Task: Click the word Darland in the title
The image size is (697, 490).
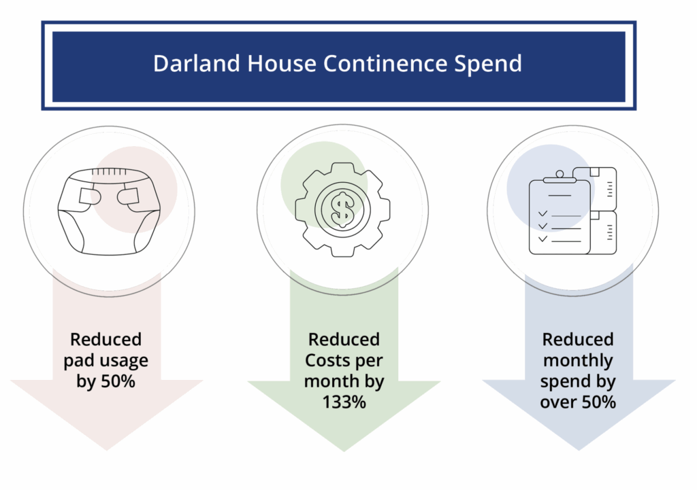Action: tap(197, 63)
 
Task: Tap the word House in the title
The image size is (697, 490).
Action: tap(281, 63)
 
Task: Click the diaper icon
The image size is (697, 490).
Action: tap(109, 211)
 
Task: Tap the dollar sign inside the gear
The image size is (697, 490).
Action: tap(342, 209)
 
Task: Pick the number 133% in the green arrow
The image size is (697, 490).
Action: tap(344, 402)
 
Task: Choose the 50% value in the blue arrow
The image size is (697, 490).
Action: tap(599, 402)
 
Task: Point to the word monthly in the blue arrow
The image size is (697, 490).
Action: tap(578, 361)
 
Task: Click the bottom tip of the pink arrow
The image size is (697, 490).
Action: tap(107, 451)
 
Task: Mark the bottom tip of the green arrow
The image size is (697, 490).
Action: tap(344, 451)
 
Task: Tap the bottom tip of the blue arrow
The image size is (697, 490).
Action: tap(579, 451)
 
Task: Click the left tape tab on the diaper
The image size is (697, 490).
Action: tap(89, 196)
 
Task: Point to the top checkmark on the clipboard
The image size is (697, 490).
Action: tap(542, 213)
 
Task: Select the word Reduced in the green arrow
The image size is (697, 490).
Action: tap(344, 340)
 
